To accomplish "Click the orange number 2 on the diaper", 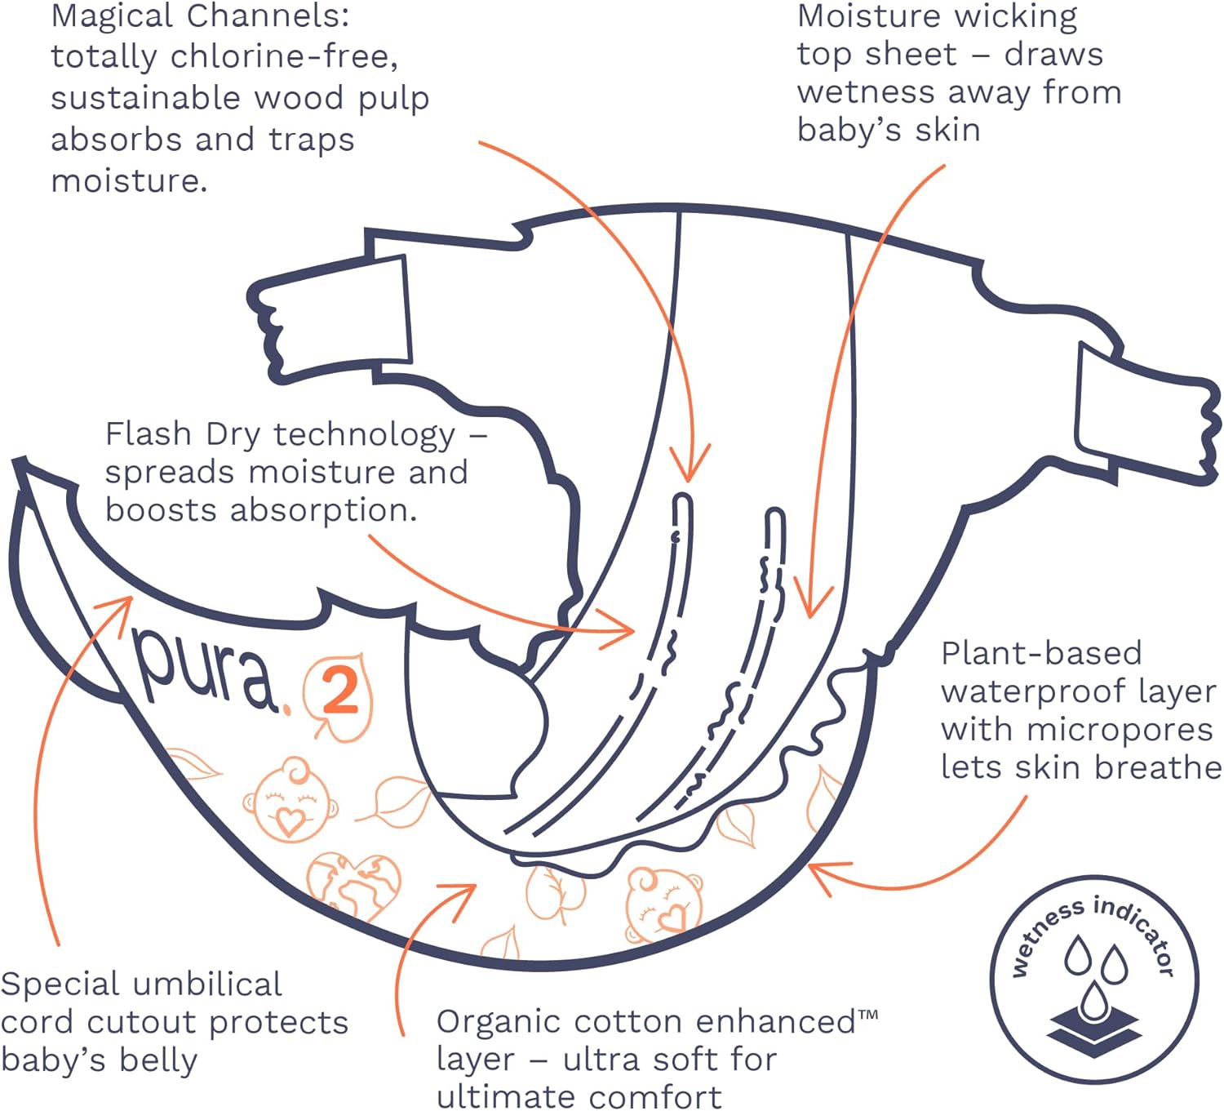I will (x=340, y=692).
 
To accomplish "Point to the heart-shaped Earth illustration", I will (x=353, y=883).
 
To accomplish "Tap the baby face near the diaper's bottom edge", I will (x=663, y=904).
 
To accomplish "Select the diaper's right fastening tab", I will (x=1142, y=416).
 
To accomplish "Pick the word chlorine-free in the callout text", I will (x=285, y=57).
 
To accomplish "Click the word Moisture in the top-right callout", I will (x=857, y=16).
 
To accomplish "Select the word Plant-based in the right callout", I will (x=1041, y=653).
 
